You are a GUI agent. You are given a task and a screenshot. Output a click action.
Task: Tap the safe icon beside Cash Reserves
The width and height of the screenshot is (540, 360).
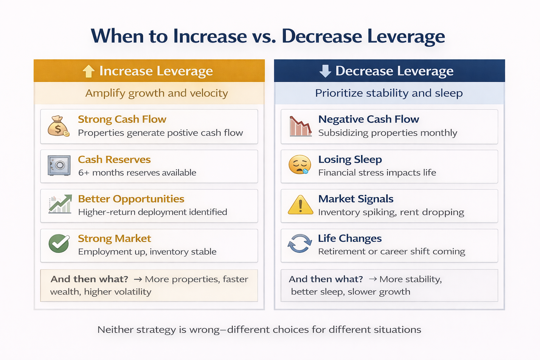pyautogui.click(x=59, y=166)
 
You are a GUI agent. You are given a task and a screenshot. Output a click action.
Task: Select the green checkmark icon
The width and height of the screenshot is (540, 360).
pyautogui.click(x=59, y=243)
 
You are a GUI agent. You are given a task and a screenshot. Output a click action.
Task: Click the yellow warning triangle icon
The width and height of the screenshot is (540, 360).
pyautogui.click(x=300, y=205)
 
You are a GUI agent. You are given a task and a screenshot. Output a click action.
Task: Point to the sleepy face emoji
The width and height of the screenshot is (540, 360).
pyautogui.click(x=300, y=165)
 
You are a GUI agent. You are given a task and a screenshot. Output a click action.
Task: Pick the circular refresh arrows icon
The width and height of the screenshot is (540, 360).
pyautogui.click(x=300, y=243)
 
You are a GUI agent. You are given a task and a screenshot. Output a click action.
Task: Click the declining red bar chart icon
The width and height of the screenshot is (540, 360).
pyautogui.click(x=300, y=126)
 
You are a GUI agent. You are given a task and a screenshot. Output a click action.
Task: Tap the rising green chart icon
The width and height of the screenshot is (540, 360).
pyautogui.click(x=60, y=204)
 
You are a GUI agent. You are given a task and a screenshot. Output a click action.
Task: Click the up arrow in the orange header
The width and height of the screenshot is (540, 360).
pyautogui.click(x=88, y=71)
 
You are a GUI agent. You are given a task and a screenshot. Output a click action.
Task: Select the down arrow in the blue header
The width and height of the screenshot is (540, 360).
pyautogui.click(x=325, y=71)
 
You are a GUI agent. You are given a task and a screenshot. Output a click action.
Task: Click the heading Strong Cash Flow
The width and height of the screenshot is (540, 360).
pyautogui.click(x=122, y=119)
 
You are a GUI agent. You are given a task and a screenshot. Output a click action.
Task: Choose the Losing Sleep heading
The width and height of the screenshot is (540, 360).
pyautogui.click(x=350, y=159)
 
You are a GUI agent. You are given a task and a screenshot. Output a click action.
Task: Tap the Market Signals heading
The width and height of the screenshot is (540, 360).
pyautogui.click(x=355, y=199)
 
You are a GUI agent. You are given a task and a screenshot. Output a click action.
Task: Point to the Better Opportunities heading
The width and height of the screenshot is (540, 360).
pyautogui.click(x=131, y=199)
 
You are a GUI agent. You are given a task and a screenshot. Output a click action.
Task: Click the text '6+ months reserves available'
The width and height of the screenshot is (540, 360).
pyautogui.click(x=137, y=173)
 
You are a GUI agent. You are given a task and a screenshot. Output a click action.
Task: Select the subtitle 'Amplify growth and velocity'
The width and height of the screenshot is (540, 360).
pyautogui.click(x=156, y=93)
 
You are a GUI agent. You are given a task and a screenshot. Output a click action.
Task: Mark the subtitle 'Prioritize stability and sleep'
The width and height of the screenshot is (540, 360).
pyautogui.click(x=389, y=93)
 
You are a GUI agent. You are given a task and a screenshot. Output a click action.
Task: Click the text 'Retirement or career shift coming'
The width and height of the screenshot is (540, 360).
pyautogui.click(x=391, y=251)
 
